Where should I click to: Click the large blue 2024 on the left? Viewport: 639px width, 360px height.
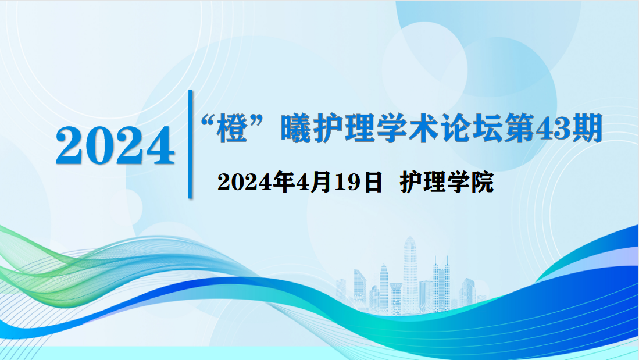pos(115,145)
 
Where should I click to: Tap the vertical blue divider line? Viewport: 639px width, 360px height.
pos(190,144)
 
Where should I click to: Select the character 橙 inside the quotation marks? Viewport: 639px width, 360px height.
pos(233,128)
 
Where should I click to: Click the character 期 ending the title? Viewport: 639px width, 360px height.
pos(587,128)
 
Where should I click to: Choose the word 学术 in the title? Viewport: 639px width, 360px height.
pos(408,128)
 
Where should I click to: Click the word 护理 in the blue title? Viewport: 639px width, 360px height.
pos(345,128)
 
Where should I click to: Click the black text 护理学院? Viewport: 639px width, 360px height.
pos(447,182)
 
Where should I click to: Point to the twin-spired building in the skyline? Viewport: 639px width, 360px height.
pos(441,284)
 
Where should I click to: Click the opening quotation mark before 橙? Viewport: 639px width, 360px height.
pos(208,120)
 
